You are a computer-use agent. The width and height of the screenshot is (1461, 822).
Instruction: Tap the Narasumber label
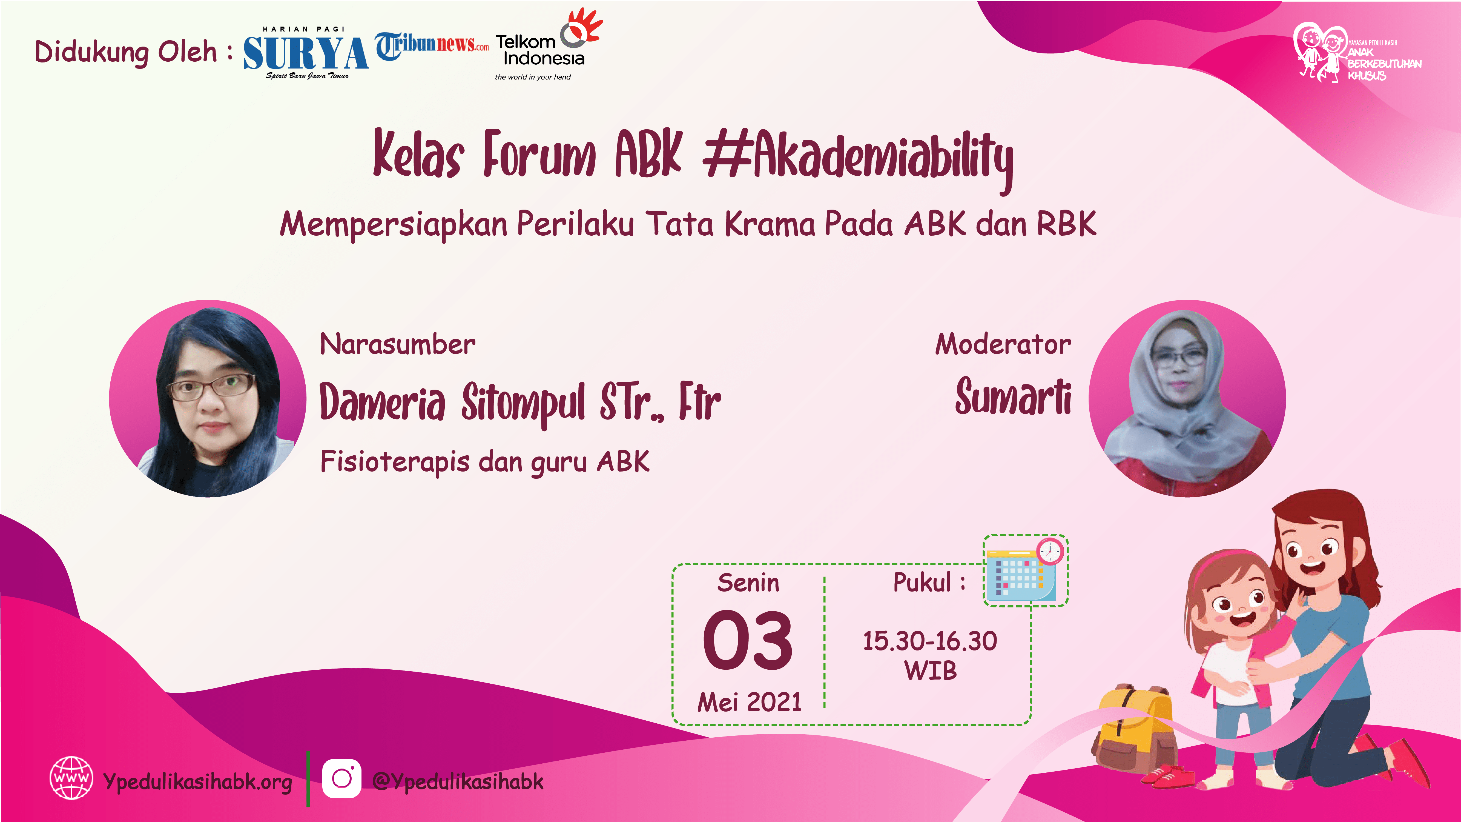pos(398,344)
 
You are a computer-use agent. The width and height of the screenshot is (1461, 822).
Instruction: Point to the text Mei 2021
pos(749,702)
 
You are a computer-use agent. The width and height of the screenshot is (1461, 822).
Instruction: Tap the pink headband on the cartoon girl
pos(1225,562)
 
